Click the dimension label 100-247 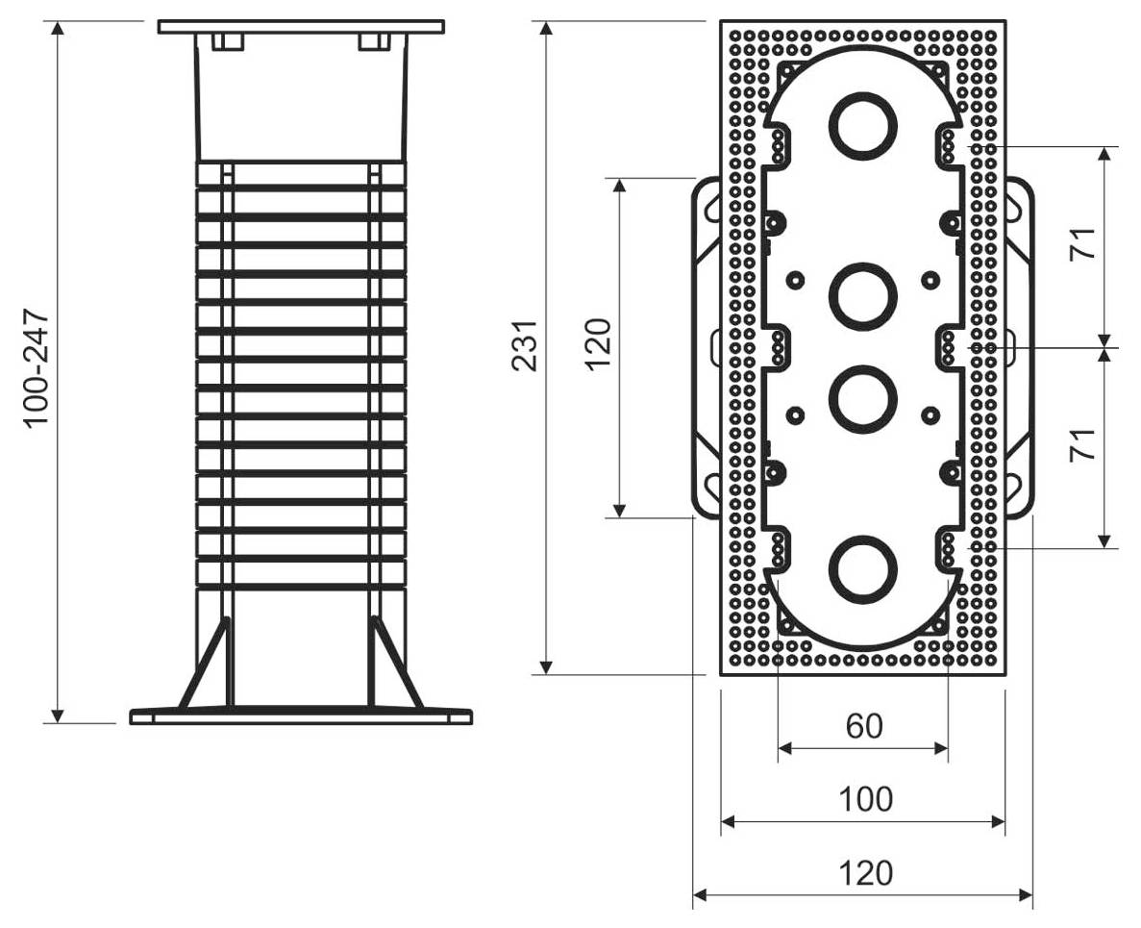point(36,368)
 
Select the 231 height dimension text point(524,344)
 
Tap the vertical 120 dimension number point(597,344)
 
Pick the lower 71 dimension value point(1083,444)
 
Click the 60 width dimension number point(863,726)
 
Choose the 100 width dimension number point(863,799)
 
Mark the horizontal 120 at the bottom point(864,873)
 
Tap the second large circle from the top point(863,295)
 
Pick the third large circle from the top point(863,398)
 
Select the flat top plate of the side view point(301,26)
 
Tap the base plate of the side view point(301,715)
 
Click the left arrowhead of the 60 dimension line point(784,748)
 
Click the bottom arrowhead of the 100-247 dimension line point(58,715)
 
